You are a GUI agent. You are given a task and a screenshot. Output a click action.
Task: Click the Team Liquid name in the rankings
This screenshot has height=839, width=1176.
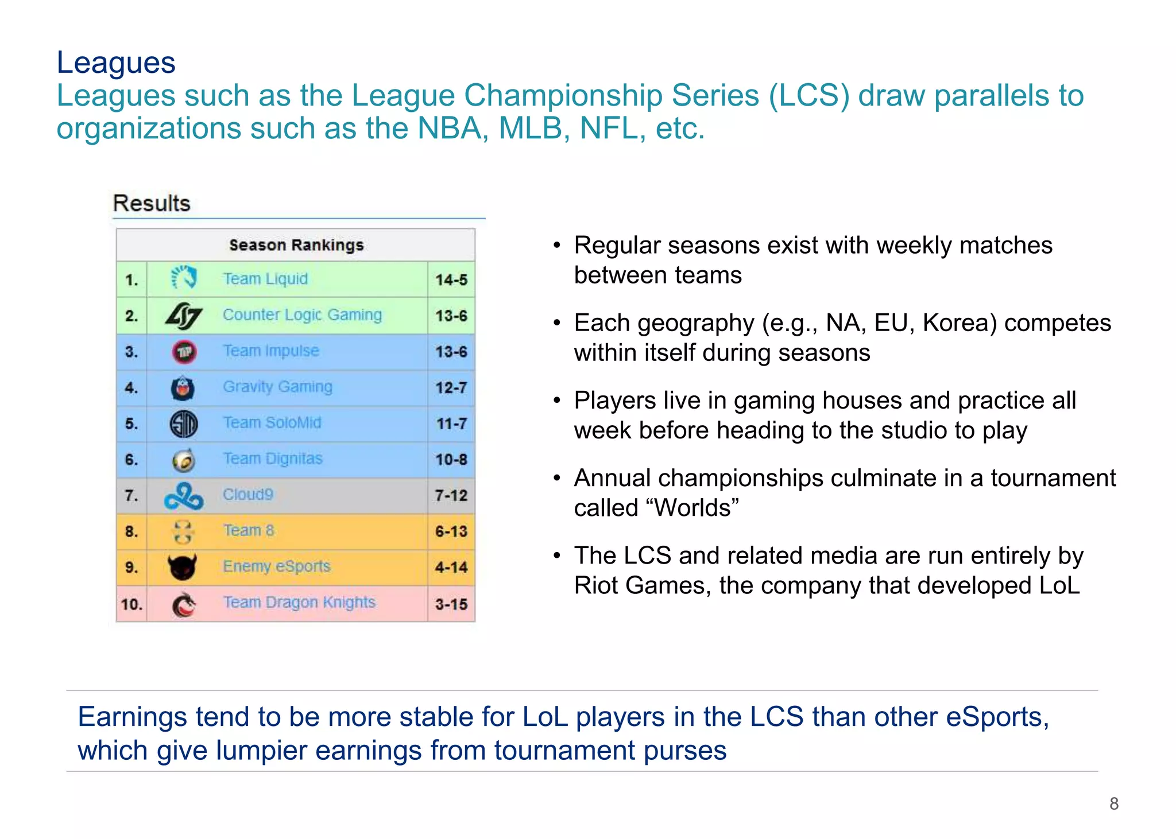tap(265, 279)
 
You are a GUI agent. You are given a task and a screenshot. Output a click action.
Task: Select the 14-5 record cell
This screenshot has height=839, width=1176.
tap(451, 280)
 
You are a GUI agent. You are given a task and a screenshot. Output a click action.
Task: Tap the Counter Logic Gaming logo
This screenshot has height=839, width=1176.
tap(184, 316)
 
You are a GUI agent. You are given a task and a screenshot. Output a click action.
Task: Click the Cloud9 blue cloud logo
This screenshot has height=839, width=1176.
tap(184, 496)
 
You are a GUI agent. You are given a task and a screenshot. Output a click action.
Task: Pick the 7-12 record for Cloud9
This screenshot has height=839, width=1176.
tap(451, 496)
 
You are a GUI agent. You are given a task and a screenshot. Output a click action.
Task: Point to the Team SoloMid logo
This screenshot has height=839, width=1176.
tap(184, 424)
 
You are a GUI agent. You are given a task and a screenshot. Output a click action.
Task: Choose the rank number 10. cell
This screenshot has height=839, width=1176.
tap(131, 604)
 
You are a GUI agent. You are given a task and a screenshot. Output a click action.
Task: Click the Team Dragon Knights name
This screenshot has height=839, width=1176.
tap(299, 603)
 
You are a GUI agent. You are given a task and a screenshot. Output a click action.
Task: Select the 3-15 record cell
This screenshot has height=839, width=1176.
tap(451, 604)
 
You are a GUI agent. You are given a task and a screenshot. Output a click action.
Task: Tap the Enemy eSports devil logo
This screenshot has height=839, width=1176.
tap(183, 567)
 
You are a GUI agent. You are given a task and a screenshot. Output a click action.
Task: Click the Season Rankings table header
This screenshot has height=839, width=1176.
tap(296, 245)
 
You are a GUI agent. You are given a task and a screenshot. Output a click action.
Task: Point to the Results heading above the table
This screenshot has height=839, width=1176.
tap(152, 204)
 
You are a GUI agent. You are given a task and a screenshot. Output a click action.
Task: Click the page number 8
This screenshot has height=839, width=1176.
tap(1114, 803)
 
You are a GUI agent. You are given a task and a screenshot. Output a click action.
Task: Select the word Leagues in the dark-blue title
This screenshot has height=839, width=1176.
tap(116, 63)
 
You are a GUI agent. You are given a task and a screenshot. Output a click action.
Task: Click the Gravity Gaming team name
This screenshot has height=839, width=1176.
tap(277, 387)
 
